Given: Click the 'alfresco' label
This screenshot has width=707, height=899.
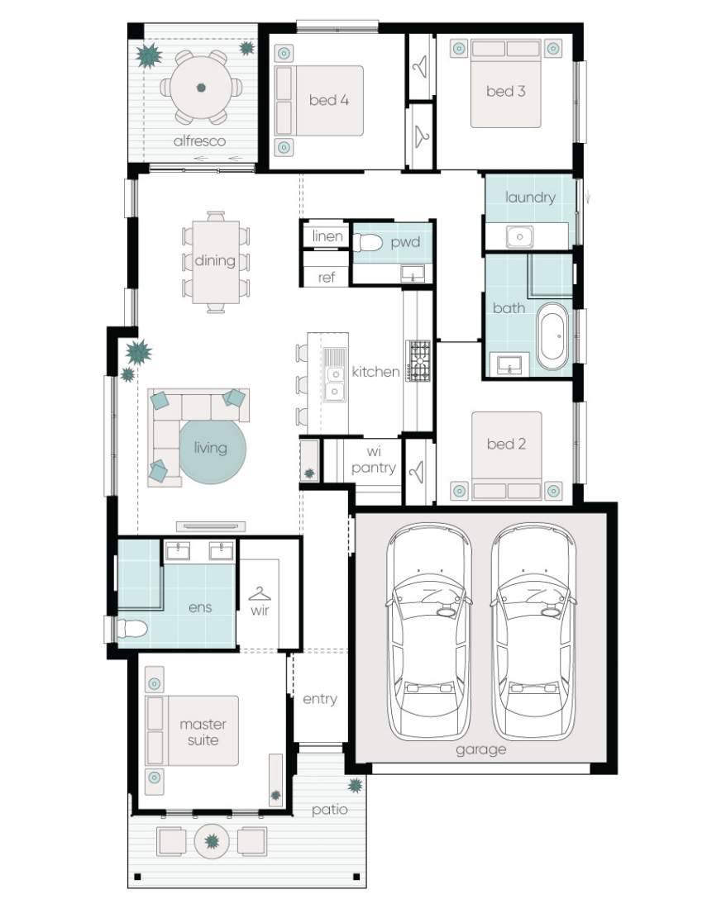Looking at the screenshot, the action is coord(199,140).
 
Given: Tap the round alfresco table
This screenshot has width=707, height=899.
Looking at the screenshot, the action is coord(201,88).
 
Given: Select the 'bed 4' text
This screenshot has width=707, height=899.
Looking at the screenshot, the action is coord(328,100).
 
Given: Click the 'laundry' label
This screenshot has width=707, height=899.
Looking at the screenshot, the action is coord(530,197).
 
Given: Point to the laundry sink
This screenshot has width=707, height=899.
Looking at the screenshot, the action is coord(520,236).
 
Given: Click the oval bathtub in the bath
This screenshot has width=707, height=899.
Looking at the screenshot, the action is coord(553,336).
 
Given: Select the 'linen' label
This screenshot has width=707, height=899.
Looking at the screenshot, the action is coord(327,235).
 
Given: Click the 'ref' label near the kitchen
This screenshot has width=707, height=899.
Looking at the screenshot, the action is coord(326,278).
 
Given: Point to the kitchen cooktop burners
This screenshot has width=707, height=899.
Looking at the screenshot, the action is coord(418,361).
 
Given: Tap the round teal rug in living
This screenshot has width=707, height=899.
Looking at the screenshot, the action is coord(213,451).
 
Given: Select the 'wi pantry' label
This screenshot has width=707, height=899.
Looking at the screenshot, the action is coord(374,459).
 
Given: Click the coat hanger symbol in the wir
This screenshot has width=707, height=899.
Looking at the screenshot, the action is coord(260,592).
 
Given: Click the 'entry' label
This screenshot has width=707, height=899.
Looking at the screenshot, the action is coord(320,699).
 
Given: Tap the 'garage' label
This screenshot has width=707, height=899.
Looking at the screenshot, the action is coord(481,750).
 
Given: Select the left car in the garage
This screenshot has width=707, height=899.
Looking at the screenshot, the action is coord(428,632).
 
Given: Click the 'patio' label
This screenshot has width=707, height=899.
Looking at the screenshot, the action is coord(329,810).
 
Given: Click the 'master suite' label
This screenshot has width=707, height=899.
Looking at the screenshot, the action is coord(203,732).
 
